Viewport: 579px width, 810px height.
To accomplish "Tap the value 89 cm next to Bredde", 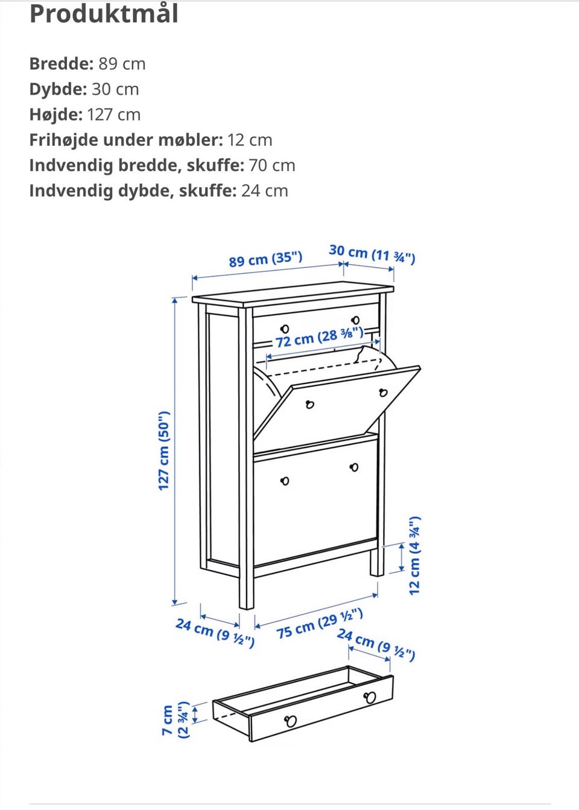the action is (122, 64).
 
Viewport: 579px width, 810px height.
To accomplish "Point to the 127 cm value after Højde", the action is (113, 115).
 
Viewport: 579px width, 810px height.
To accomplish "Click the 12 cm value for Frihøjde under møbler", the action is (250, 141).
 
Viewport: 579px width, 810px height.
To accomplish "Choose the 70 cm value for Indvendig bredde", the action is (271, 166).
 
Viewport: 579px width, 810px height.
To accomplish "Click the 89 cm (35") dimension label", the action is (265, 259).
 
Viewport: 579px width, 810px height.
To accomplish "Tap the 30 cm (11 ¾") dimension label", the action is (372, 254).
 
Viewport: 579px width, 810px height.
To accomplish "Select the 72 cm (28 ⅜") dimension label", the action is (319, 337).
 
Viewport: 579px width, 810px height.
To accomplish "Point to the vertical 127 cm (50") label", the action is (164, 451).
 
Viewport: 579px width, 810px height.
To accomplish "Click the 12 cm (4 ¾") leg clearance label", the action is (415, 556).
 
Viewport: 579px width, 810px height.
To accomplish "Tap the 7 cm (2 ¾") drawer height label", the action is (176, 720).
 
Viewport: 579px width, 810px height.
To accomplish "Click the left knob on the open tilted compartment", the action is (309, 404).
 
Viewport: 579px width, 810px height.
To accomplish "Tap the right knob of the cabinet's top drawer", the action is (355, 320).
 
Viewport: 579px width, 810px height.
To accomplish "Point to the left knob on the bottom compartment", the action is (285, 481).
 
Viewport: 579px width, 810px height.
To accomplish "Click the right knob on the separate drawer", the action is (370, 697).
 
